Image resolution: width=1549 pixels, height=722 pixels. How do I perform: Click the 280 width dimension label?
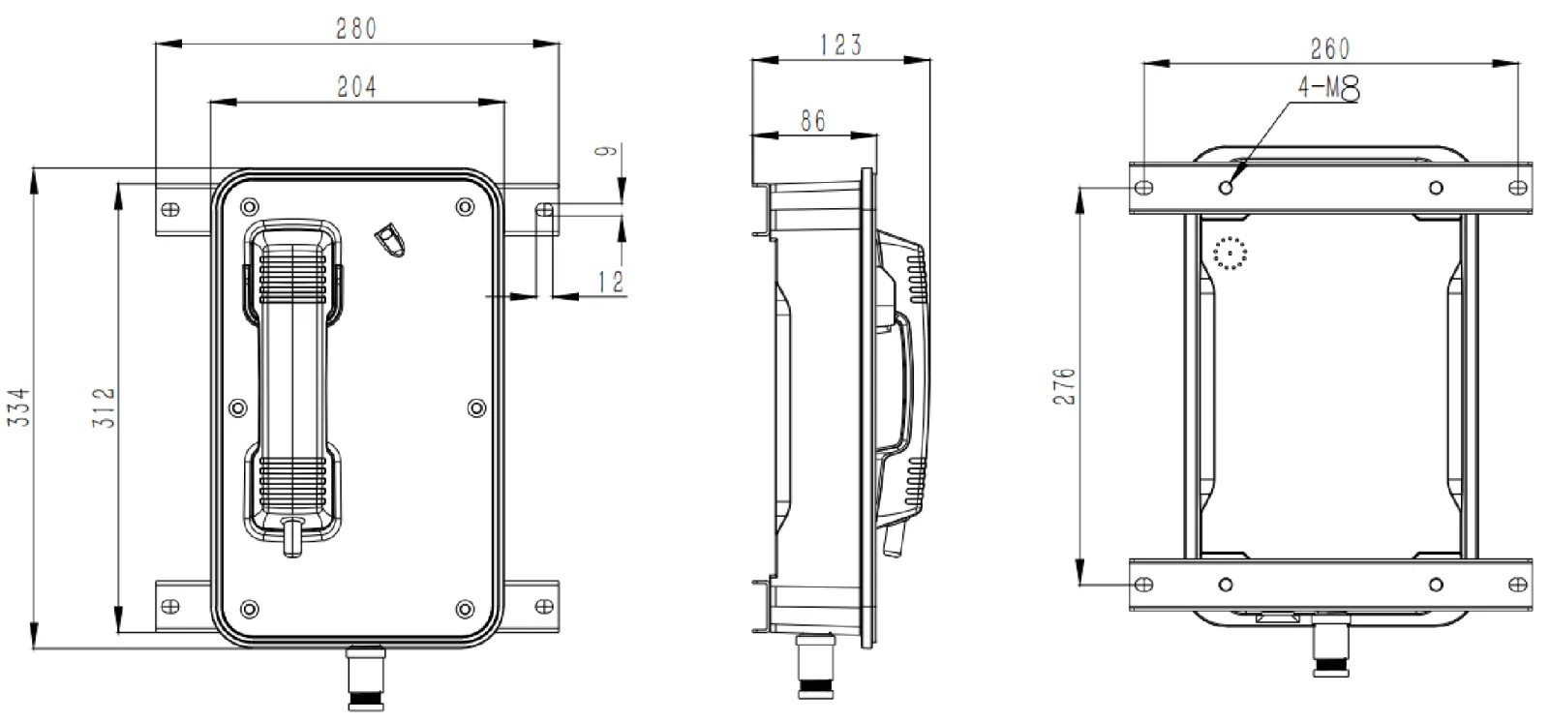pos(356,28)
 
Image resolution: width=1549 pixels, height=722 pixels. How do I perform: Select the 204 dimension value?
pos(356,86)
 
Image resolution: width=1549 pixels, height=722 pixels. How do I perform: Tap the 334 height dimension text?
pos(20,407)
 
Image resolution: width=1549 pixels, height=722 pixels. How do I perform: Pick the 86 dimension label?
pos(813,120)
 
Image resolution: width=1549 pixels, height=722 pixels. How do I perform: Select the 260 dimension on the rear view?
pos(1329,47)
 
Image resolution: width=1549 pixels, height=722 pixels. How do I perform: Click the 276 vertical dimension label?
pos(1064,386)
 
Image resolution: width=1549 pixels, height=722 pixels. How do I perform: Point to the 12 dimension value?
pos(611,282)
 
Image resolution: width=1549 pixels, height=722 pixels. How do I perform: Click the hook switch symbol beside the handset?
pos(390,239)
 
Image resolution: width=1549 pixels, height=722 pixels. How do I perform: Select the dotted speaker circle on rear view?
pos(1230,254)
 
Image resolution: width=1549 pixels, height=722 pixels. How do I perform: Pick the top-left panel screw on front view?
pos(250,205)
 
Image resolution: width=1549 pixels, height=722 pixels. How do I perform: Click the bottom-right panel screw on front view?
pos(465,609)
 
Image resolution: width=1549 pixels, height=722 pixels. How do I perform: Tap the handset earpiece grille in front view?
pos(291,276)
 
